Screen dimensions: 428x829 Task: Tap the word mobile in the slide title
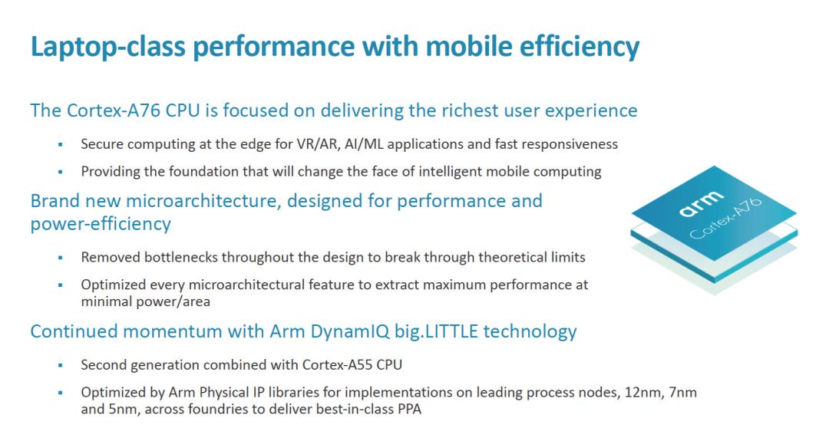tap(470, 47)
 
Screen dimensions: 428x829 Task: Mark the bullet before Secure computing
tap(61, 145)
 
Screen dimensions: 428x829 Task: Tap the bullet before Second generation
tap(61, 366)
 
